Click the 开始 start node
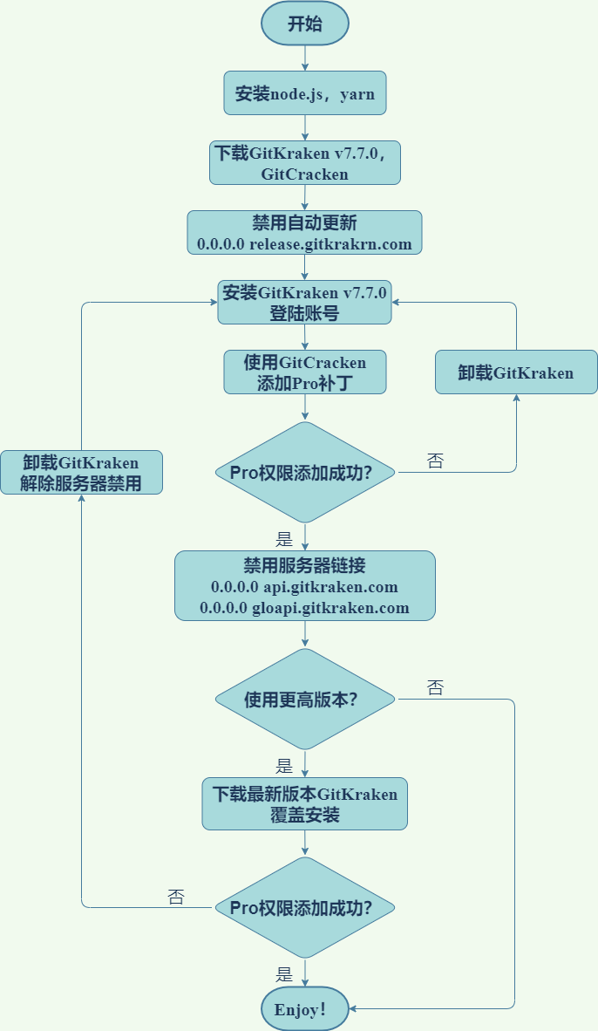(305, 24)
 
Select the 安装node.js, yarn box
(305, 92)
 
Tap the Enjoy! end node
(305, 1009)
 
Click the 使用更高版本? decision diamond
(305, 699)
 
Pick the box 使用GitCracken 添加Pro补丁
(305, 372)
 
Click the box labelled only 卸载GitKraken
(516, 372)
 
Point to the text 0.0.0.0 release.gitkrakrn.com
(304, 243)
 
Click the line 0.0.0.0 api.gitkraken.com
(304, 586)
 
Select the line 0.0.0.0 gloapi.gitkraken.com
(304, 607)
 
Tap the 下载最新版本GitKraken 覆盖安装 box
(305, 803)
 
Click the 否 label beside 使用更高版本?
(436, 688)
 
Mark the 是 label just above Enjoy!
(284, 974)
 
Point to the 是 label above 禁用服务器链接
(284, 537)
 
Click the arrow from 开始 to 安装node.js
(305, 57)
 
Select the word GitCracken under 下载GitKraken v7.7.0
(304, 174)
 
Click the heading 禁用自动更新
(304, 222)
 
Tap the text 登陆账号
(304, 313)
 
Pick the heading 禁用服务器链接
(304, 564)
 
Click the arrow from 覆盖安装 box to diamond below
(305, 843)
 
